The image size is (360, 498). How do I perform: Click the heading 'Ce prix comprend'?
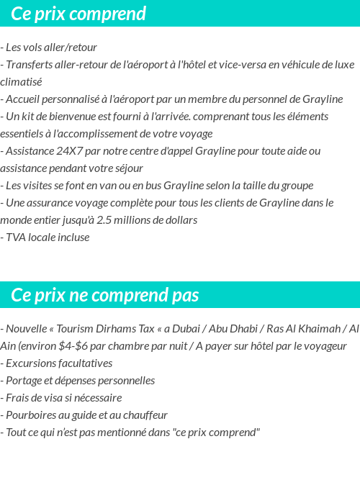click(78, 14)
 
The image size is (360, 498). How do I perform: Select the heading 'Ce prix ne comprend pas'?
click(105, 296)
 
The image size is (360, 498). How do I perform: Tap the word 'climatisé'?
click(21, 82)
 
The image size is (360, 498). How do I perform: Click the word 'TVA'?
click(17, 237)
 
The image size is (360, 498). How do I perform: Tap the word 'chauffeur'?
click(145, 415)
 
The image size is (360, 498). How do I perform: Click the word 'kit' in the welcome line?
click(32, 117)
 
